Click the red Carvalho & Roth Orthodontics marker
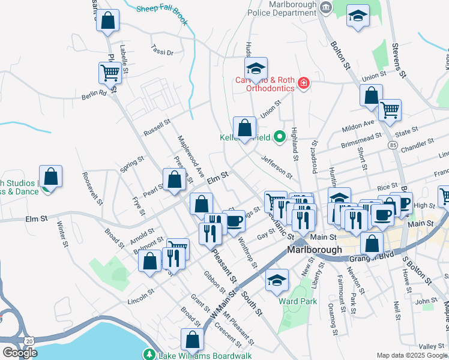click(304, 82)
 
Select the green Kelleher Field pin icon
click(279, 137)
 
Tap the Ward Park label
click(297, 301)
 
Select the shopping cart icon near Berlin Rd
click(110, 73)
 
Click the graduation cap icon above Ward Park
click(277, 280)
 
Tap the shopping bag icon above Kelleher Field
click(244, 128)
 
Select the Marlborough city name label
click(315, 250)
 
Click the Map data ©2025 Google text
click(411, 355)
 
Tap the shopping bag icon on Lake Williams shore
click(192, 340)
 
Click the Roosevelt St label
click(92, 188)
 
